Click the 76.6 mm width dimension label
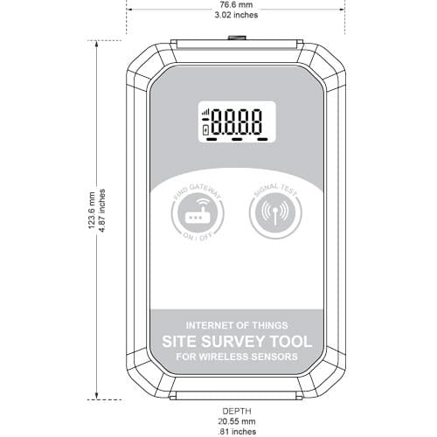[236, 4]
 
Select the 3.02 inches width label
[236, 15]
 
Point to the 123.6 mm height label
[92, 210]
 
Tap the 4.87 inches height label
[102, 210]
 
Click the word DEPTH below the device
[237, 411]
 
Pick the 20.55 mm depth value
[237, 421]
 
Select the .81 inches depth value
[237, 432]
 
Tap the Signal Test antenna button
[275, 212]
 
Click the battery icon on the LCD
[205, 130]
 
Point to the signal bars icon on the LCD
[206, 112]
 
